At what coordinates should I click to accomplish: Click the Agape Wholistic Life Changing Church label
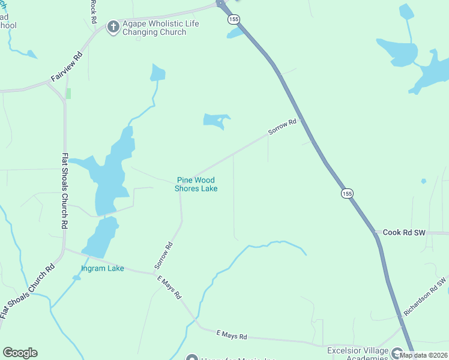[160, 28]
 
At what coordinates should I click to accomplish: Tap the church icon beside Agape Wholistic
[113, 26]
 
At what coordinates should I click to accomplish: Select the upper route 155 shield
[234, 20]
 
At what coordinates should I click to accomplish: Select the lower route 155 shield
[346, 193]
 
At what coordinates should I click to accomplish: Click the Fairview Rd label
[66, 69]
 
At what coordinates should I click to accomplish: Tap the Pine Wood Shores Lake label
[196, 184]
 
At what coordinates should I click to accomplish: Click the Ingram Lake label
[103, 268]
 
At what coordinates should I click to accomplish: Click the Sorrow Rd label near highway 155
[283, 127]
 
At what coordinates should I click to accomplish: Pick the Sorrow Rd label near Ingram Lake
[163, 254]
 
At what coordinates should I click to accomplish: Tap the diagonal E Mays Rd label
[169, 289]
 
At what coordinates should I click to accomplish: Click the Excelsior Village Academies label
[358, 354]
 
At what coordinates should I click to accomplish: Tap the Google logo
[20, 353]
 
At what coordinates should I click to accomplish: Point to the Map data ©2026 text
[424, 355]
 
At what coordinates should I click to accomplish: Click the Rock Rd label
[93, 11]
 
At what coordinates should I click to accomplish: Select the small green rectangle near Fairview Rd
[68, 94]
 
